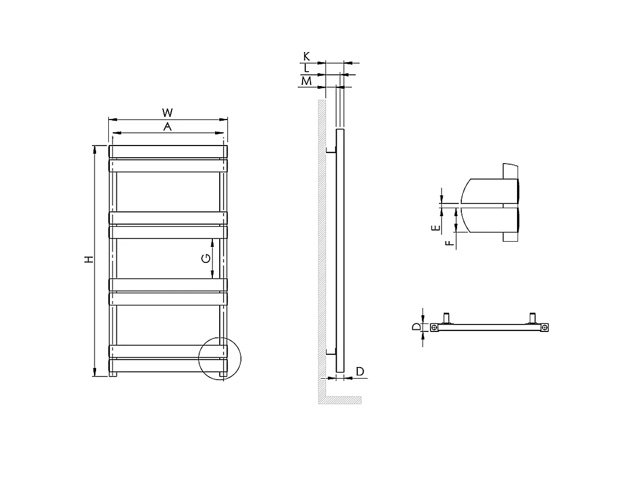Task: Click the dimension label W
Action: tap(167, 113)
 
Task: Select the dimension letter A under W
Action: tap(167, 126)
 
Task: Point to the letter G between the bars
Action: tap(206, 259)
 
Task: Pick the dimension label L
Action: tap(306, 69)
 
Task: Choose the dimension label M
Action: tap(306, 81)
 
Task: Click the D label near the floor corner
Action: tap(360, 371)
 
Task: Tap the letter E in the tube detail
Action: tap(435, 228)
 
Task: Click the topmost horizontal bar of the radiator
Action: tap(168, 151)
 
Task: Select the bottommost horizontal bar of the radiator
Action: tap(168, 366)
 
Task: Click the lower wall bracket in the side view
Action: tap(331, 351)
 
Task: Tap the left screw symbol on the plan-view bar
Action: tap(434, 328)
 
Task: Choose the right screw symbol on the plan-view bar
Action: tap(544, 328)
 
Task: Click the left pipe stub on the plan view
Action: tap(447, 318)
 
